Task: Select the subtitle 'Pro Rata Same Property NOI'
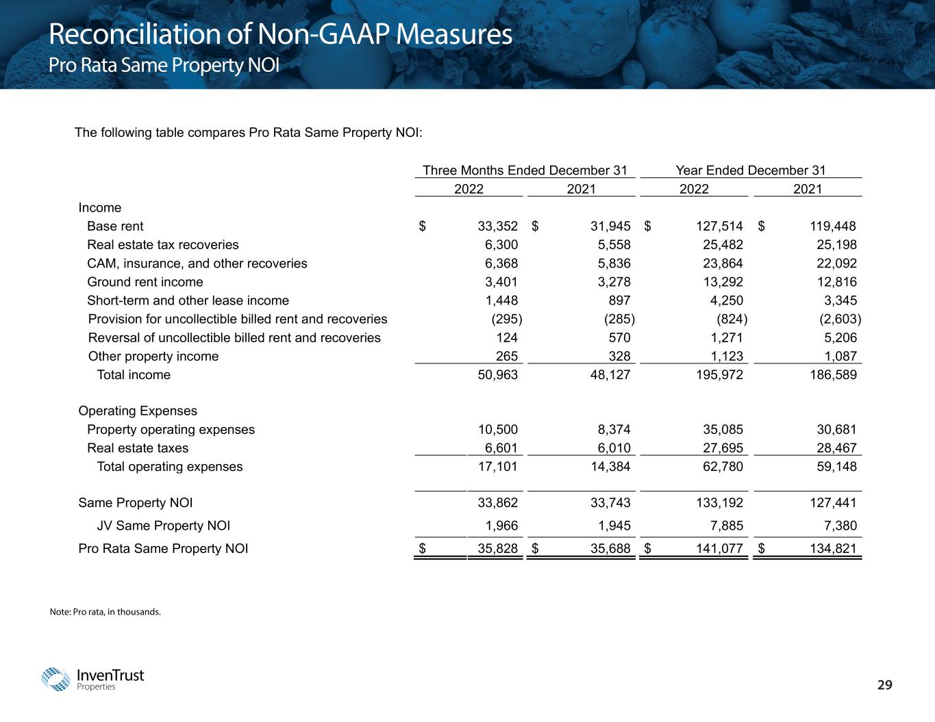tap(164, 66)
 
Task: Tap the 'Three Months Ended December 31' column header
tap(525, 170)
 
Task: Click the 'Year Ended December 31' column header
tap(750, 170)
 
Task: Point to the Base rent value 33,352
tap(497, 227)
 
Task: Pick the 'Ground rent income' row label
tap(145, 282)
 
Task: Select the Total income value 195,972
tap(716, 375)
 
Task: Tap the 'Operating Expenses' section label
tap(138, 411)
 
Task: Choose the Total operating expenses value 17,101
tap(497, 467)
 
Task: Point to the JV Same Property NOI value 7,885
tap(726, 526)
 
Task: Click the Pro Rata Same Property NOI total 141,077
tap(716, 549)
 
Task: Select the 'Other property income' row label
tap(153, 357)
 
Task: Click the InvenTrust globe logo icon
tap(56, 680)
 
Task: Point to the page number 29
tap(886, 685)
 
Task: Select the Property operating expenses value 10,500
tap(497, 430)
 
